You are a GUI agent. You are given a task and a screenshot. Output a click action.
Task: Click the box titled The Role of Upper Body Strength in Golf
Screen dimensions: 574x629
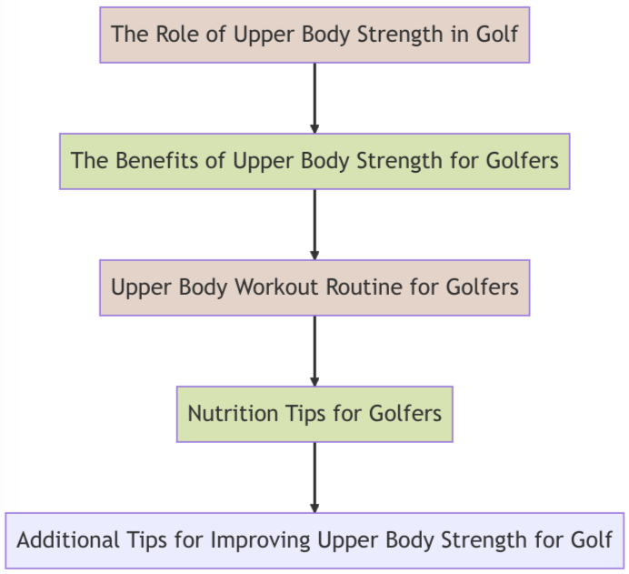pyautogui.click(x=314, y=35)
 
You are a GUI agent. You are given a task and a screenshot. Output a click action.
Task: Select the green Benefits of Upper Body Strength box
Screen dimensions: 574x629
pyautogui.click(x=314, y=161)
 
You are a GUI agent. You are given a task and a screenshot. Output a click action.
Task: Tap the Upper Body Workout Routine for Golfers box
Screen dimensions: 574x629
pyautogui.click(x=314, y=287)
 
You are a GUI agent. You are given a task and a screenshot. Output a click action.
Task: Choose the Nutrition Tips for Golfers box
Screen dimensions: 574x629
pyautogui.click(x=314, y=414)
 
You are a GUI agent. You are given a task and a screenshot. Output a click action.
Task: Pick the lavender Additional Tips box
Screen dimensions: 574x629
pyautogui.click(x=314, y=540)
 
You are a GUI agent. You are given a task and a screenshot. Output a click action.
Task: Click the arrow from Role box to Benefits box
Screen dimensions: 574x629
pyautogui.click(x=314, y=97)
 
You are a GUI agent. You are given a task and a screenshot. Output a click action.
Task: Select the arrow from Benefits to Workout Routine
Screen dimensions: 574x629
pyautogui.click(x=314, y=224)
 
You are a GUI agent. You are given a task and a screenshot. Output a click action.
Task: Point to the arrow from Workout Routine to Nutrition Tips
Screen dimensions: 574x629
pyautogui.click(x=314, y=350)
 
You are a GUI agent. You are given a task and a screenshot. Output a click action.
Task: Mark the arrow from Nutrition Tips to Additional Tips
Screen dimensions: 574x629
pyautogui.click(x=314, y=477)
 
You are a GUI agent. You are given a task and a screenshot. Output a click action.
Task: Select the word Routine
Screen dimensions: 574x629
pyautogui.click(x=359, y=287)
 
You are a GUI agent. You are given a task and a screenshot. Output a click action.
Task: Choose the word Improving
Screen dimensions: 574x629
pyautogui.click(x=260, y=540)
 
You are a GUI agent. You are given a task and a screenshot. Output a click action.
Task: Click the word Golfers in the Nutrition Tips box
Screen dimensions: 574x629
pyautogui.click(x=405, y=414)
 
